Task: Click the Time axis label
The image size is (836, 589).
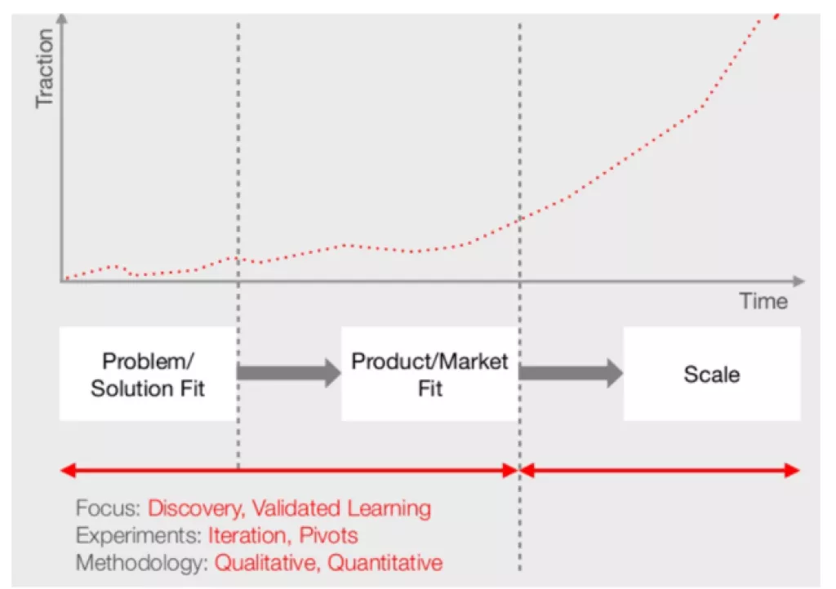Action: point(764,301)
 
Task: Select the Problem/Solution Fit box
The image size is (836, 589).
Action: point(148,374)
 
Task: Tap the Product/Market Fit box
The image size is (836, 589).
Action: point(429,374)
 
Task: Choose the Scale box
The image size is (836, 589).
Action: point(712,374)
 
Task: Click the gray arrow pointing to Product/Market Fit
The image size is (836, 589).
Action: point(289,373)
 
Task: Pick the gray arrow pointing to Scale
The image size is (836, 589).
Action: point(571,373)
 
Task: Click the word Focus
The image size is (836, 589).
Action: point(107,509)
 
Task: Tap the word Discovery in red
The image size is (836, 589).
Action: point(193,509)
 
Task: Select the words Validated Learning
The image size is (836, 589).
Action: point(341,509)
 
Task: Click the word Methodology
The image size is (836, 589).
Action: point(142,563)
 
